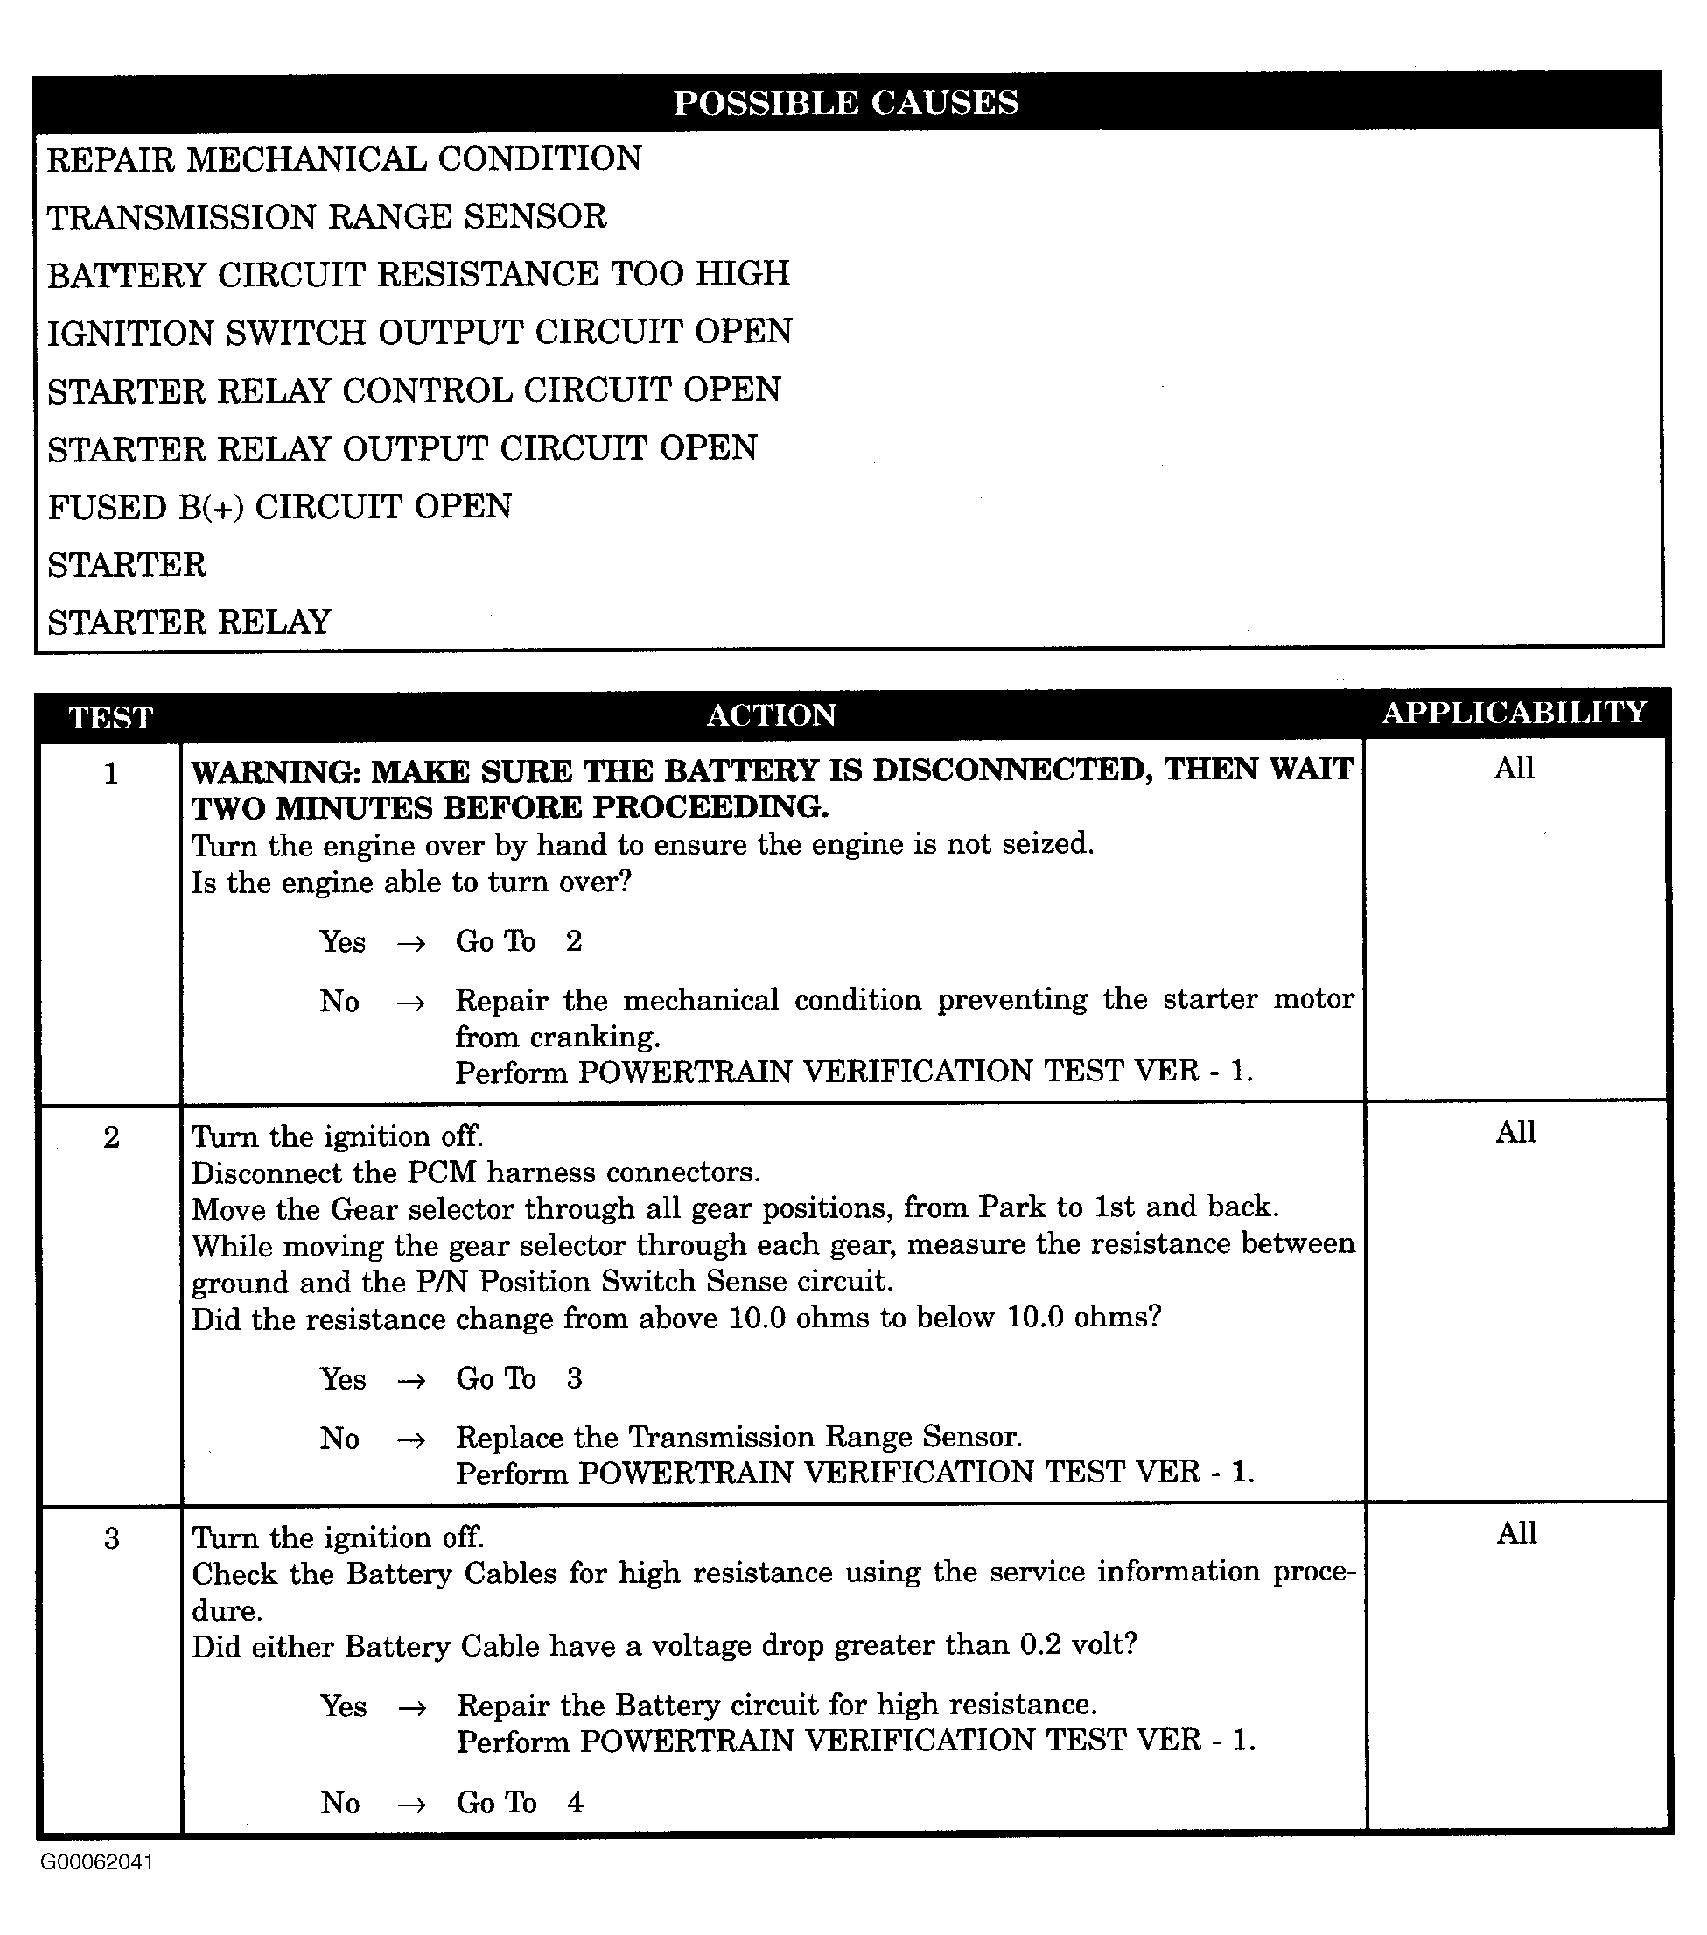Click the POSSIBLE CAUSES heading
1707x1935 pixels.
pos(846,102)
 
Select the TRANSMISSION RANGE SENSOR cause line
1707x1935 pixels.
pos(326,217)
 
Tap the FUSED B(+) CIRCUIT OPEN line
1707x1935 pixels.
pos(279,506)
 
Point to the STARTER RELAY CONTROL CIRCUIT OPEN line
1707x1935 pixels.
pos(414,390)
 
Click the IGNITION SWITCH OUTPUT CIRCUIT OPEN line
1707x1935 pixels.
pos(419,333)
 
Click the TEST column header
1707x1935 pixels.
pos(111,718)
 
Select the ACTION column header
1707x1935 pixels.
pos(771,714)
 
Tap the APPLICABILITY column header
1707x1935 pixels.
pos(1514,712)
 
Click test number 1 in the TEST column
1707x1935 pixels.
pos(111,774)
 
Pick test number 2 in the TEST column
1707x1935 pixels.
pos(111,1137)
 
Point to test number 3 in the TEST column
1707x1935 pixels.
pos(111,1538)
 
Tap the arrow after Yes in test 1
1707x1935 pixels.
pos(410,943)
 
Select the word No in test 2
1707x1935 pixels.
pos(339,1438)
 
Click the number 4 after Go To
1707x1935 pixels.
pos(574,1803)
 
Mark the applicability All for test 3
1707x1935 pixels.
pos(1516,1532)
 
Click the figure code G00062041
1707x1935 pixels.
pos(96,1862)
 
